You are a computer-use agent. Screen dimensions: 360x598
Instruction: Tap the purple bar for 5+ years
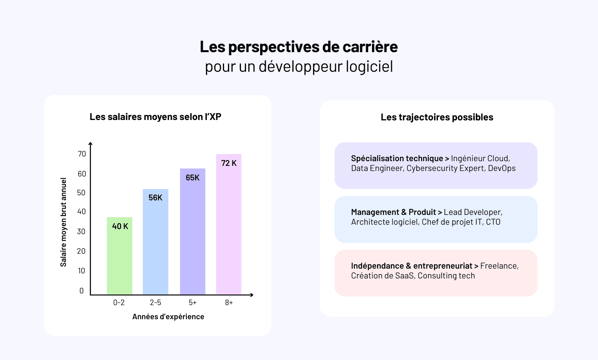[193, 235]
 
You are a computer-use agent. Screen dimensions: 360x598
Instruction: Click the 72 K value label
[229, 163]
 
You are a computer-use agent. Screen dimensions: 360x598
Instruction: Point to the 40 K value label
[120, 226]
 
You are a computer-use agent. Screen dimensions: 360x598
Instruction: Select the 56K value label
[155, 198]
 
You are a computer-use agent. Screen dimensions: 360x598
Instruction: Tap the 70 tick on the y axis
[82, 154]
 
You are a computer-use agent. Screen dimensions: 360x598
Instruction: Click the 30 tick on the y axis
[81, 231]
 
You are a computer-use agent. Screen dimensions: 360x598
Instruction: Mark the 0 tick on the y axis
[82, 291]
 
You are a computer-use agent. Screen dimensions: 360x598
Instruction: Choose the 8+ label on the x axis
[229, 302]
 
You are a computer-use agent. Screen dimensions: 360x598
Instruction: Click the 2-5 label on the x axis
[155, 302]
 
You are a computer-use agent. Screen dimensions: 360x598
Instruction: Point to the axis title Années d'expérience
[168, 316]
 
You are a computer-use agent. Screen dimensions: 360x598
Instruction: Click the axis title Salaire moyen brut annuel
[64, 222]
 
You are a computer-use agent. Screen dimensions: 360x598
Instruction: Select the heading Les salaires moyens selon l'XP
[155, 117]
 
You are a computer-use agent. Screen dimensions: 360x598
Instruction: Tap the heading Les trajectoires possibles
[437, 117]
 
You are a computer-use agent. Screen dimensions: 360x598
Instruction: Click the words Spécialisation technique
[397, 158]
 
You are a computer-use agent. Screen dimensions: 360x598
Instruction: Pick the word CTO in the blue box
[493, 222]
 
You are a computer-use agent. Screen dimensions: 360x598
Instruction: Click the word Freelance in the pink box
[499, 266]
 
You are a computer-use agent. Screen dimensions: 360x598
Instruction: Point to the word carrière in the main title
[370, 47]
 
